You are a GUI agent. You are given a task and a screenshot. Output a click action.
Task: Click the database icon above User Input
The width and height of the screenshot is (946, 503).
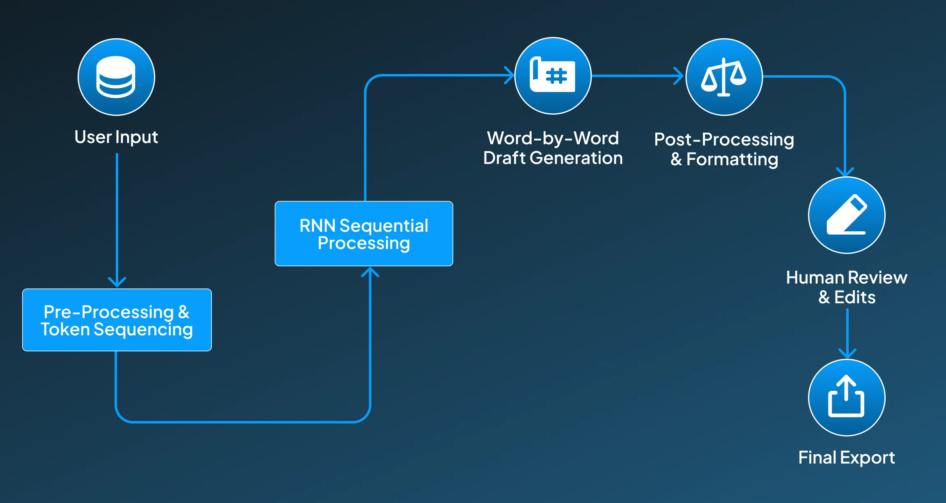(x=116, y=77)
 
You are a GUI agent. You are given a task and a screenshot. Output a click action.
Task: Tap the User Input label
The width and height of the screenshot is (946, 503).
(x=116, y=137)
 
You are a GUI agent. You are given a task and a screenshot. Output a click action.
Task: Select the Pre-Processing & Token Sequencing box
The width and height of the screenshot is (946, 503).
(x=117, y=320)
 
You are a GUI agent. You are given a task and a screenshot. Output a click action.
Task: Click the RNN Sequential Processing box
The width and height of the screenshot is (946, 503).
(x=364, y=233)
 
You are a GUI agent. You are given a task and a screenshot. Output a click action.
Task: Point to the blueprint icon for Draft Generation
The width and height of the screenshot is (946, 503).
(x=553, y=76)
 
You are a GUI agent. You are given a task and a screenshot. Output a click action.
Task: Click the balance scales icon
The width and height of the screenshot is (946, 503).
(x=724, y=77)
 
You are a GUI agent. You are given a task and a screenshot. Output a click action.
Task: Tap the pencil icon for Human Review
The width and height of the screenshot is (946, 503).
(x=847, y=215)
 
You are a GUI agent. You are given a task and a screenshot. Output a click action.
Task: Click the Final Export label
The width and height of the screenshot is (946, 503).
(x=847, y=458)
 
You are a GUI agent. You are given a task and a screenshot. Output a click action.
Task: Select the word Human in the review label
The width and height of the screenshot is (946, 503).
(x=811, y=278)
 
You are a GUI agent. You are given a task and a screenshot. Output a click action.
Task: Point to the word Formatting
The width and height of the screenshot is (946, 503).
(x=732, y=160)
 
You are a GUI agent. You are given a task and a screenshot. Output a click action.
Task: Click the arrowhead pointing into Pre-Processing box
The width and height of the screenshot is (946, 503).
(x=117, y=282)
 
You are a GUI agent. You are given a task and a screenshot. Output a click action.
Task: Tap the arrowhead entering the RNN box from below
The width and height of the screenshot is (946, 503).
(x=370, y=272)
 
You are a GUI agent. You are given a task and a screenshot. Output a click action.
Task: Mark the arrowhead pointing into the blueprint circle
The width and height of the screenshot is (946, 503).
(x=509, y=75)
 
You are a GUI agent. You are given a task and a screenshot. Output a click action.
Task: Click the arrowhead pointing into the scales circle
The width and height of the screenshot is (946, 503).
(x=679, y=76)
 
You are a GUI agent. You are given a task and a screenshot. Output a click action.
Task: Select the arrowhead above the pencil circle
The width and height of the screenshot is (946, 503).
(x=845, y=172)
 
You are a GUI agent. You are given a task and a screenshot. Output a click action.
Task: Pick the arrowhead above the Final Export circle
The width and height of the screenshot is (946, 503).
(x=847, y=353)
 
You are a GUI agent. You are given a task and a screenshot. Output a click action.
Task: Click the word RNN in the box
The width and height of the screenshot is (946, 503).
(x=317, y=226)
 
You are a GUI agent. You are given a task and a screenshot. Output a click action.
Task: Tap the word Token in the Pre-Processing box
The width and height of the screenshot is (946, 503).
(x=65, y=330)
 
